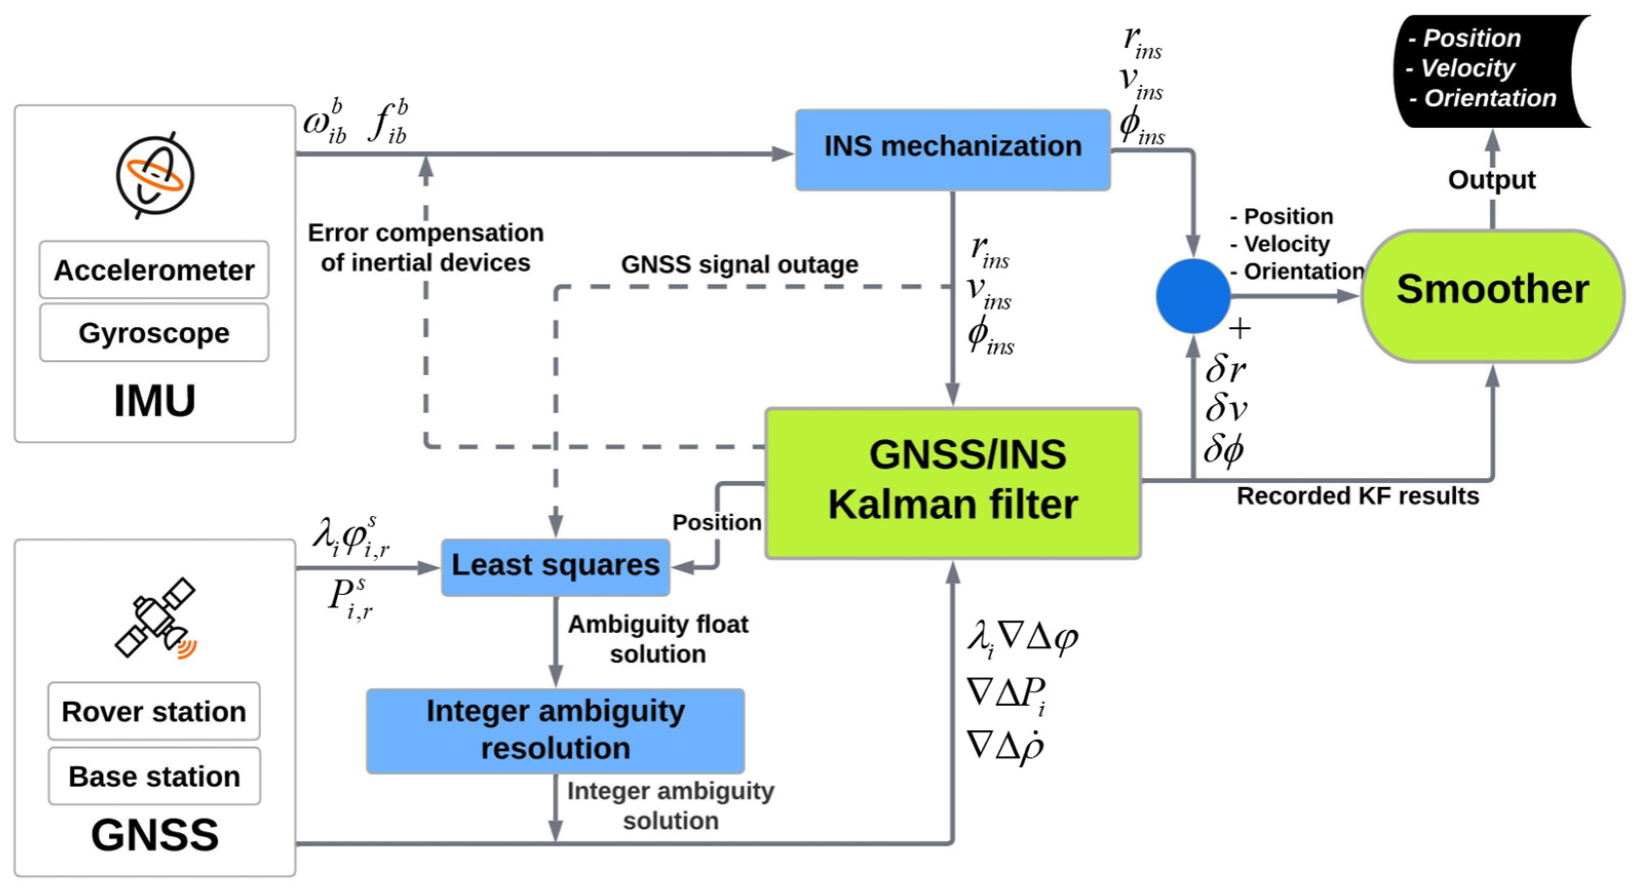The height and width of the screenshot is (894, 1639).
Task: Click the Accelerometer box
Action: coord(154,270)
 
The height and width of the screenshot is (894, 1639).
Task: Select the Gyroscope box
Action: coord(154,333)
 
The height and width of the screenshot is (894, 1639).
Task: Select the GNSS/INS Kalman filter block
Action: coord(953,483)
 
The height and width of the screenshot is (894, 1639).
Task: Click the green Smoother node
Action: coord(1492,296)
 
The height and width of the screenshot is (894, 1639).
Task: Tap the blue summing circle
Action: coord(1193,296)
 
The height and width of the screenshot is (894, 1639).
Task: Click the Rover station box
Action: coord(154,711)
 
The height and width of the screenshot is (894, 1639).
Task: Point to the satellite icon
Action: coord(156,618)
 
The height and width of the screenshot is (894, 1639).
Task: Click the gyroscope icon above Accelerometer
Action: coord(155,176)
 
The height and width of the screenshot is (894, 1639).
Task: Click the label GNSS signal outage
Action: coord(739,264)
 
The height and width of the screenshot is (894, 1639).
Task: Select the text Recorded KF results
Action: coord(1358,496)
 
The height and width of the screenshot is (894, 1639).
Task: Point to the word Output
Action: coord(1492,180)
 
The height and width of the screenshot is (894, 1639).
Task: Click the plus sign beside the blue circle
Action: coord(1240,329)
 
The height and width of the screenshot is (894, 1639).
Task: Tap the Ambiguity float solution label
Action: coord(658,639)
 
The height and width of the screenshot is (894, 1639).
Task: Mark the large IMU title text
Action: coord(155,401)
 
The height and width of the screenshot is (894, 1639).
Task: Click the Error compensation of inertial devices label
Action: coord(426,247)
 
